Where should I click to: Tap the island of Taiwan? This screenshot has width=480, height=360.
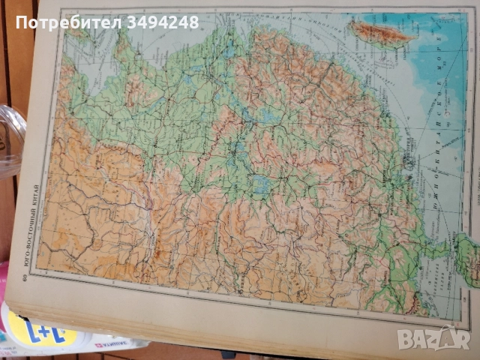pos(382,31)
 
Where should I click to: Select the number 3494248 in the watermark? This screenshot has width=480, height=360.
pos(163,22)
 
